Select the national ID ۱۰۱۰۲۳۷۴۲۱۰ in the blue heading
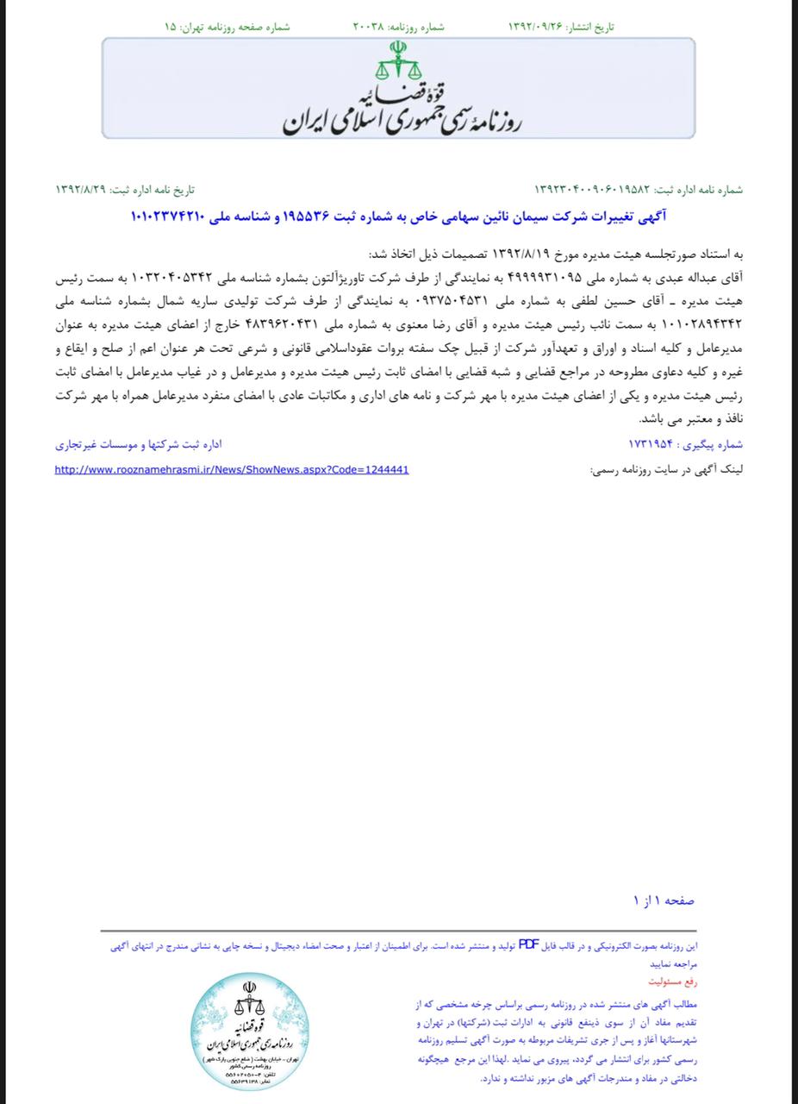[169, 215]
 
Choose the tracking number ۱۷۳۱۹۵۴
[653, 446]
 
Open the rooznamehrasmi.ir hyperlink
[231, 470]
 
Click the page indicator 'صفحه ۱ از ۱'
[664, 900]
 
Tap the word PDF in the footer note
[527, 944]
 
